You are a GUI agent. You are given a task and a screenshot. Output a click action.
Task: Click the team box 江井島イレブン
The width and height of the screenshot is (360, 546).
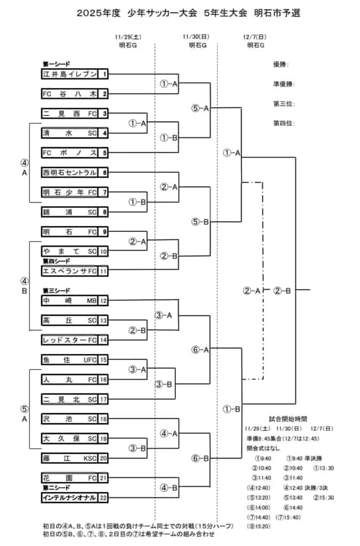pyautogui.click(x=70, y=74)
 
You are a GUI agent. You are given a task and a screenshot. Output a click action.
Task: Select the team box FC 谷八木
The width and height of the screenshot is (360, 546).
pyautogui.click(x=70, y=94)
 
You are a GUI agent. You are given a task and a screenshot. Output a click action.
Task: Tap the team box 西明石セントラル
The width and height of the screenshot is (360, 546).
pyautogui.click(x=70, y=172)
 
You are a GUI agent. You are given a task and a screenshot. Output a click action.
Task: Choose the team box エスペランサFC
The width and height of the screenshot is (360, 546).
pyautogui.click(x=70, y=271)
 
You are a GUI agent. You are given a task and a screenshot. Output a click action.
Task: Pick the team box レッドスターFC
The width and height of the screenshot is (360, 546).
pyautogui.click(x=70, y=340)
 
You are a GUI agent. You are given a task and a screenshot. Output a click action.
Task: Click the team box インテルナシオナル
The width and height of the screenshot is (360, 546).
pyautogui.click(x=70, y=497)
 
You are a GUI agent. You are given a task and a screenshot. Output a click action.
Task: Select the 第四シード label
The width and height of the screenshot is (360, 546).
pyautogui.click(x=57, y=261)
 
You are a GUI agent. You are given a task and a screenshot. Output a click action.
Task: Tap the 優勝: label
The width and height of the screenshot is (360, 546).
pyautogui.click(x=281, y=65)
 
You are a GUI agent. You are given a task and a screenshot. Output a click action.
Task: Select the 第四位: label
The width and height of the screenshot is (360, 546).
pyautogui.click(x=284, y=123)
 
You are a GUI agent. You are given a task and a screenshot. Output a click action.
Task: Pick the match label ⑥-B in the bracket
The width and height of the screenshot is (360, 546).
pyautogui.click(x=201, y=458)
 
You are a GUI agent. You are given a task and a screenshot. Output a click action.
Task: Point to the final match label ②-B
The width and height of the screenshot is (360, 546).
pyautogui.click(x=282, y=291)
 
